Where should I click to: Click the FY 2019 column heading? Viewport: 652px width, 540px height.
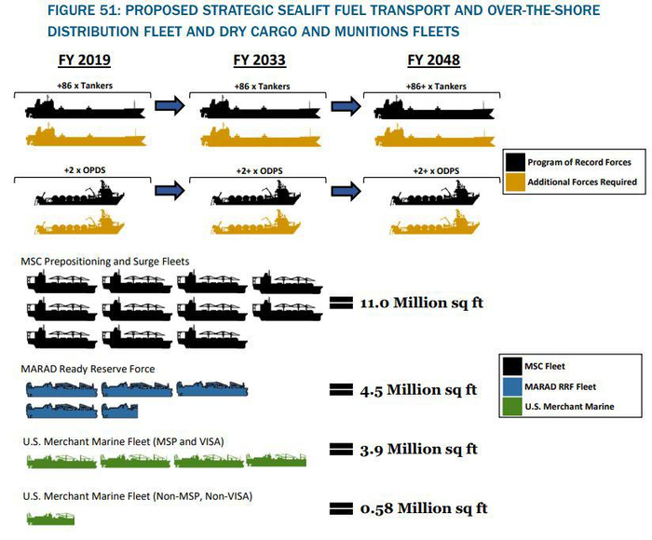coord(83,61)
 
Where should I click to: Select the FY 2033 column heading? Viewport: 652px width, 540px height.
coord(258,61)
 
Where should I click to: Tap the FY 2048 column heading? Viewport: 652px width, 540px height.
coord(434,61)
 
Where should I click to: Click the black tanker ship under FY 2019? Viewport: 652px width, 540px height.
coord(83,108)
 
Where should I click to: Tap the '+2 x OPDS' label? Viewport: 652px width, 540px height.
coord(83,171)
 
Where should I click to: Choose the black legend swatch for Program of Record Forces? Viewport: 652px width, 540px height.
coord(514,162)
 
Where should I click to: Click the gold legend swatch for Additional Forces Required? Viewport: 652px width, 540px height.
coord(514,182)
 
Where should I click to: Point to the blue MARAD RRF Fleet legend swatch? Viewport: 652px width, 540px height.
coord(514,386)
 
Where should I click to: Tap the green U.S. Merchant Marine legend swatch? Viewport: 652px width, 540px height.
coord(514,407)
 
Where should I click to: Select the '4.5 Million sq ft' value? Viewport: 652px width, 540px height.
coord(418,389)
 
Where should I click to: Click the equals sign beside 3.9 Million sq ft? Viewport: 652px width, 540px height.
coord(342,450)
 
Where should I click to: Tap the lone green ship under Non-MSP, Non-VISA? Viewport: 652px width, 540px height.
coord(50,518)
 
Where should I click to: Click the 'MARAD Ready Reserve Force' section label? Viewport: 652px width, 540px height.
coord(88,369)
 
